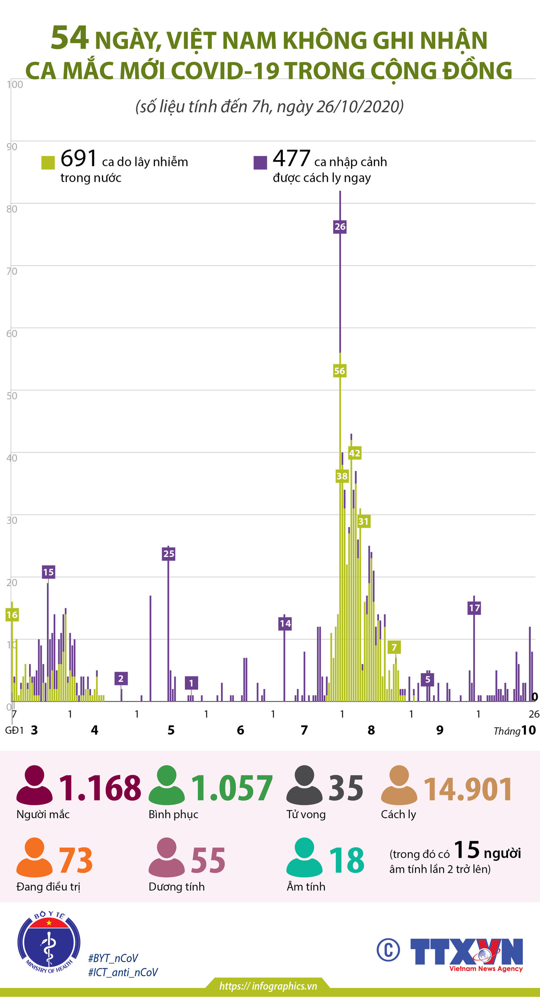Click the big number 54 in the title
pyautogui.click(x=69, y=38)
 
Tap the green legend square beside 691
pyautogui.click(x=48, y=163)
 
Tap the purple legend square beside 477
pyautogui.click(x=260, y=163)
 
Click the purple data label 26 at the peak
pyautogui.click(x=340, y=227)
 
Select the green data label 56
pyautogui.click(x=339, y=371)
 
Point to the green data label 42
pyautogui.click(x=354, y=453)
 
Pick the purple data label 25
pyautogui.click(x=169, y=554)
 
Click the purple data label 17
pyautogui.click(x=474, y=608)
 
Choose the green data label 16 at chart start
pyautogui.click(x=12, y=615)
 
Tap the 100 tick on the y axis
pyautogui.click(x=15, y=85)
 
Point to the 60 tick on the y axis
pyautogui.click(x=12, y=333)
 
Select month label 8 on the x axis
pyautogui.click(x=371, y=730)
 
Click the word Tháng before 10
pyautogui.click(x=507, y=731)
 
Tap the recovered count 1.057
pyautogui.click(x=231, y=788)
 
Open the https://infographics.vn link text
pyautogui.click(x=268, y=986)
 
